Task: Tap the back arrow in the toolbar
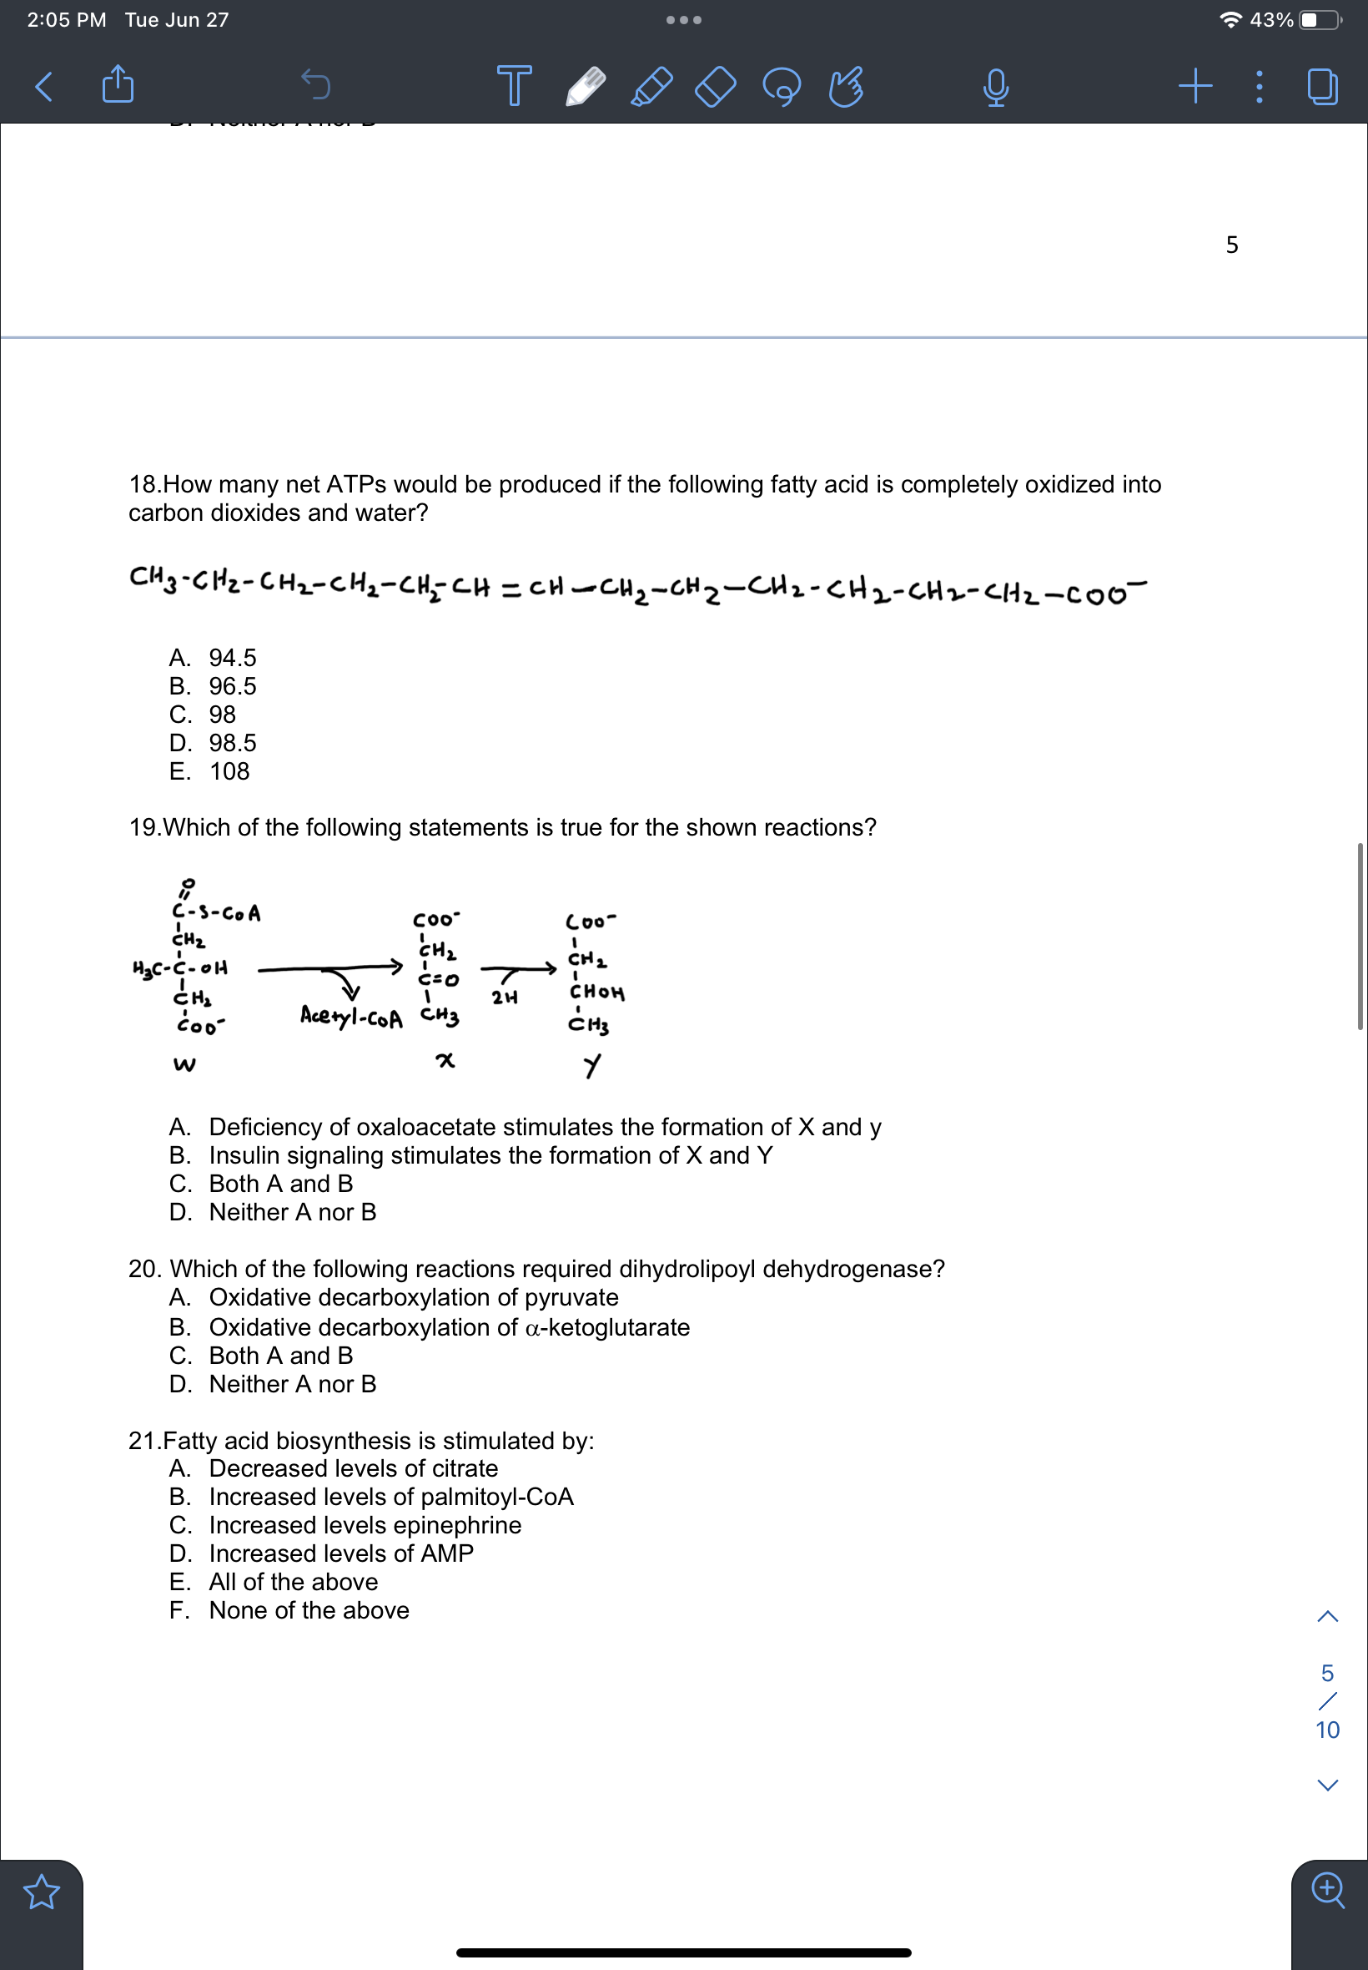tap(43, 86)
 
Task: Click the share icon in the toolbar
tap(118, 84)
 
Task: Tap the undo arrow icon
tap(315, 85)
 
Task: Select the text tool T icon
tap(514, 85)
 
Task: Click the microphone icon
tap(995, 87)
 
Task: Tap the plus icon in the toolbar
tap(1194, 85)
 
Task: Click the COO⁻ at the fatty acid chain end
tap(1106, 593)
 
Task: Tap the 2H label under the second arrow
tap(504, 998)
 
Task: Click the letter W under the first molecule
tap(184, 1064)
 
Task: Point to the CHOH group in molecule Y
tap(596, 993)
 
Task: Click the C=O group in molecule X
tap(438, 978)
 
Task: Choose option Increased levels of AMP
tap(341, 1553)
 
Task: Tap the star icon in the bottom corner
tap(41, 1892)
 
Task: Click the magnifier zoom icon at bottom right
tap(1328, 1889)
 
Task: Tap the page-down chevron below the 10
tap(1327, 1785)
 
